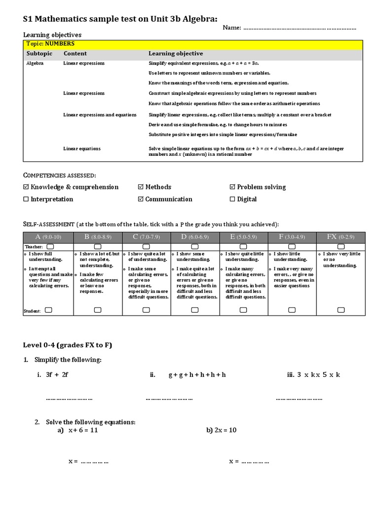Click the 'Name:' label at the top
[231, 28]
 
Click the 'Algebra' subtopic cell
[35, 63]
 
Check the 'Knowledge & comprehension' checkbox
[27, 187]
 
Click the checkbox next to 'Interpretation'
[27, 200]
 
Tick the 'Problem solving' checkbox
[233, 187]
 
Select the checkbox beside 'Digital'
[233, 200]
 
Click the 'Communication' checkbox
[141, 200]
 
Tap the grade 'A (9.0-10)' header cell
[48, 237]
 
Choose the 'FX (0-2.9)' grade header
[341, 237]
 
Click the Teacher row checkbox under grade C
[146, 246]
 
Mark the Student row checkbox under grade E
[243, 310]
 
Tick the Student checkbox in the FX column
[341, 310]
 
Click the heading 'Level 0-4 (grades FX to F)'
[68, 345]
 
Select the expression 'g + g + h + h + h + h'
[197, 375]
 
